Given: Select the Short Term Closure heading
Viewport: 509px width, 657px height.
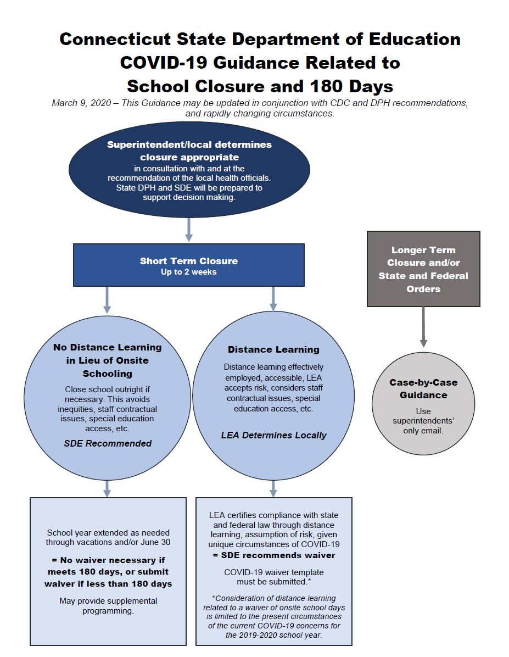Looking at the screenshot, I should (188, 261).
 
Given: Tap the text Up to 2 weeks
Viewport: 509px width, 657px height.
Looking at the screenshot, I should (188, 272).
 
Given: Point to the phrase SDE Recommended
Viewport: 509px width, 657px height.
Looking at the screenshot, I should (108, 443).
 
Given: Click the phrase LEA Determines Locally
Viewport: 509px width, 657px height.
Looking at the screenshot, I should (273, 435).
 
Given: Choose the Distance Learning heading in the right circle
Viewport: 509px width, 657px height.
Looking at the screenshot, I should (273, 349).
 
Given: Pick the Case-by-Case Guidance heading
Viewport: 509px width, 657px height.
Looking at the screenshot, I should (423, 388).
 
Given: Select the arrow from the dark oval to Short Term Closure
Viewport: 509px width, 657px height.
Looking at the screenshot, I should (189, 230).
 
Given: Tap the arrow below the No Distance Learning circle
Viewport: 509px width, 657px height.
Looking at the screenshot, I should (107, 488).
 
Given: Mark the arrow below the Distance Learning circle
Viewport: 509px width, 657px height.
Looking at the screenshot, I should (273, 488).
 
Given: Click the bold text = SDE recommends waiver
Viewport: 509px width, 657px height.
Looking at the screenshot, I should (273, 555).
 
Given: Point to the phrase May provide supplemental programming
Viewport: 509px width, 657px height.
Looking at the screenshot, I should (108, 605).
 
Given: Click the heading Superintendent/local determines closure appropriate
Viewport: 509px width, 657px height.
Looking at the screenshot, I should (189, 151).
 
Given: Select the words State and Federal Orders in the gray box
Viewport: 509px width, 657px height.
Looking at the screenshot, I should (423, 282).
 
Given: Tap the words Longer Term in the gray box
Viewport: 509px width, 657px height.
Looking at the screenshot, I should (423, 250).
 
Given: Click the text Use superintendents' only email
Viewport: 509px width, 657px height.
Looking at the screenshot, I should (423, 421).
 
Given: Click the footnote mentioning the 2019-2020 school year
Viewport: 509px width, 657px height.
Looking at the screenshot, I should (273, 616).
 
